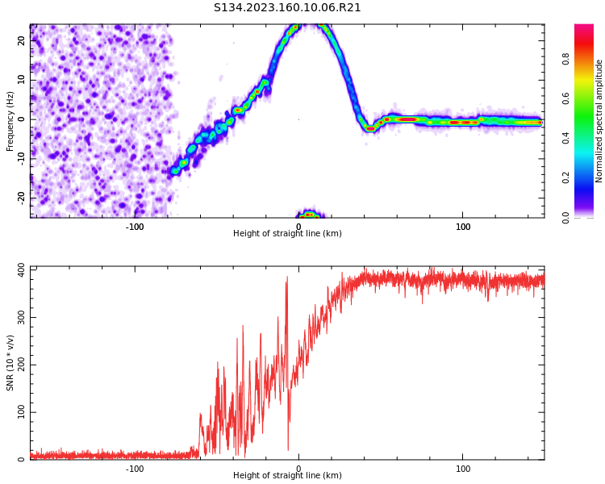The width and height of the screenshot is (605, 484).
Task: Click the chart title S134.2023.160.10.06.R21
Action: [287, 8]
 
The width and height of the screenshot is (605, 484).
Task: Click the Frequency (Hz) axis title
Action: [10, 121]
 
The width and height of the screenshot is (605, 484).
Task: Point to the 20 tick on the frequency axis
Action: [23, 40]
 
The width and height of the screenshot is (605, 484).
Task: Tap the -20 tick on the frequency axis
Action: [23, 197]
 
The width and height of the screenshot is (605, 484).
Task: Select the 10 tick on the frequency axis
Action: [23, 80]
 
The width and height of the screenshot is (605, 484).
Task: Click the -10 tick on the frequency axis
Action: [23, 158]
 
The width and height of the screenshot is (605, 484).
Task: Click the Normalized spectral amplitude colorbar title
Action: [599, 121]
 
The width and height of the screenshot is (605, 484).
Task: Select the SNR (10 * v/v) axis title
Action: [10, 363]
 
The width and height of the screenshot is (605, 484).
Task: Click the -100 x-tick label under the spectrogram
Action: [135, 227]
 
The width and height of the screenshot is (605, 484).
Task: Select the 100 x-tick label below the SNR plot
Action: [463, 469]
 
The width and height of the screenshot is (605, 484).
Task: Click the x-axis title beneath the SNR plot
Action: [287, 476]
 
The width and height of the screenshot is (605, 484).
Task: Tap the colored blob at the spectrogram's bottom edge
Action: [308, 215]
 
